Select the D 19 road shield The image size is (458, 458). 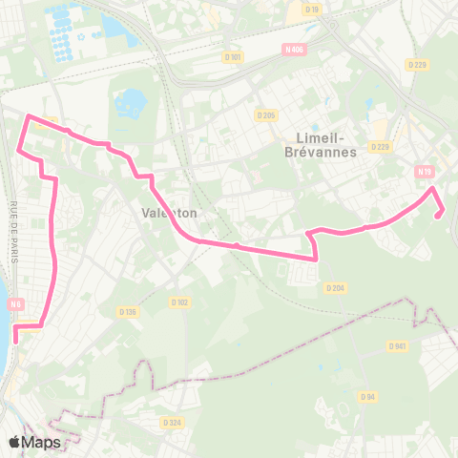click(313, 10)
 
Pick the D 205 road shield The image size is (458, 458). click(266, 115)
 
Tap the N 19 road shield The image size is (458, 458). click(424, 172)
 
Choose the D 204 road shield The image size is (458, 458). click(334, 287)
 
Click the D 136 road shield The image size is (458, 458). click(128, 311)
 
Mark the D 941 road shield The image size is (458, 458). click(398, 345)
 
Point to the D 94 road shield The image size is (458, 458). click(367, 396)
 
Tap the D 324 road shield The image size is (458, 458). click(172, 423)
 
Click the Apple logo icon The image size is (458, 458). click(15, 442)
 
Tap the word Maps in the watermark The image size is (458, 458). click(42, 442)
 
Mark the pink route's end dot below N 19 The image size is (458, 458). click(438, 216)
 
